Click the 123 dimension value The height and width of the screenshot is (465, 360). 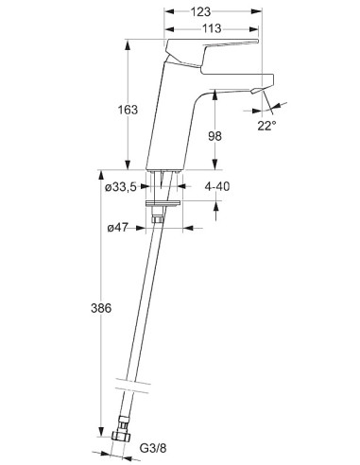tap(200, 11)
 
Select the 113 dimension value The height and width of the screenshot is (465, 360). tap(212, 29)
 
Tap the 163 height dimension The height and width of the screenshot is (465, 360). tap(128, 110)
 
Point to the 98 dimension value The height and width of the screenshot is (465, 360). tap(214, 136)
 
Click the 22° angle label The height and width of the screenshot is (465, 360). tap(266, 126)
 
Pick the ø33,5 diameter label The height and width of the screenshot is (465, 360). tap(121, 187)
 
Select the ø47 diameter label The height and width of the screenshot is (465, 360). tap(117, 228)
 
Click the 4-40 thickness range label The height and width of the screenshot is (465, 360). tap(217, 186)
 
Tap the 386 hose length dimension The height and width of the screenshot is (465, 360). tap(101, 308)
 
